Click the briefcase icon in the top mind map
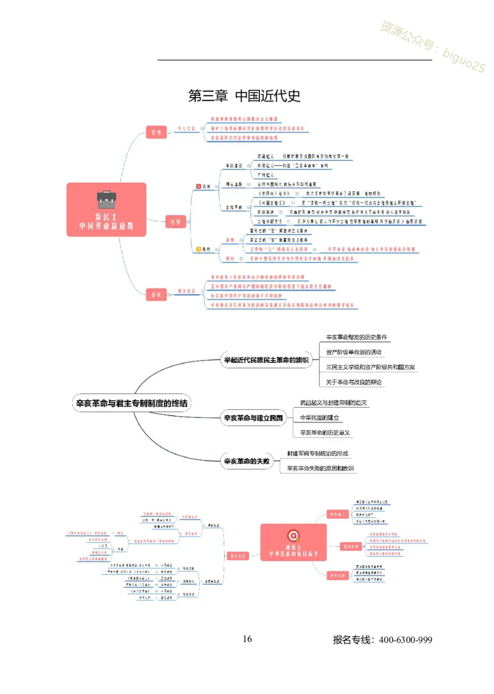106,199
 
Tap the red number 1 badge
198,186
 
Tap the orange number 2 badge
198,249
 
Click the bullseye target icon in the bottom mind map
293,535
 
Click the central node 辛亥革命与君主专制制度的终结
132,404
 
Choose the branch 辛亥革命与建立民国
253,418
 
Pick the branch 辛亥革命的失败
246,461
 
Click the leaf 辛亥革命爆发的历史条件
357,337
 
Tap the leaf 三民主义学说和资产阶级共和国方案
371,367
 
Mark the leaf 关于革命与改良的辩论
354,382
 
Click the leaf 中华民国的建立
320,418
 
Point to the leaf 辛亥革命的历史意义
325,433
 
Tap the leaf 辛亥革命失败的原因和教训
320,469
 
